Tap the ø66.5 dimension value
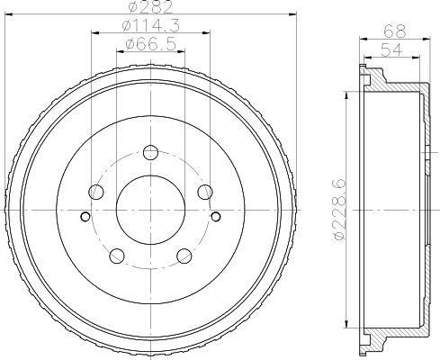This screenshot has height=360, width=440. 149,43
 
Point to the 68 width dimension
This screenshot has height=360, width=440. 394,31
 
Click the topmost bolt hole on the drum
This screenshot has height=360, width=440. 150,151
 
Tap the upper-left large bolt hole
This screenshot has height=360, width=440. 96,191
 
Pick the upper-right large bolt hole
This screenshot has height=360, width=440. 205,191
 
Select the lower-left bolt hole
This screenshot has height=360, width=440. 117,255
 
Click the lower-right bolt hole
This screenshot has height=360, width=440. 184,255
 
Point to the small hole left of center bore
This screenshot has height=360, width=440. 85,216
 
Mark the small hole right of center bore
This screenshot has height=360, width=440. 216,216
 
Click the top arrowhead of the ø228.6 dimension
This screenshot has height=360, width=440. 346,94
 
